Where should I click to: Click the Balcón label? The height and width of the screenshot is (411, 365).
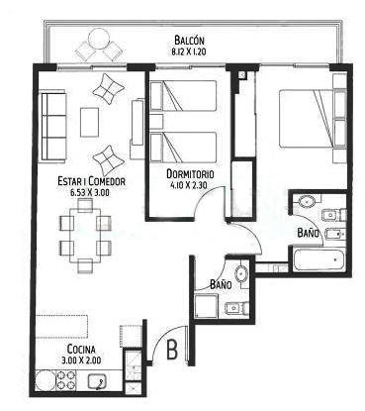[x=189, y=41]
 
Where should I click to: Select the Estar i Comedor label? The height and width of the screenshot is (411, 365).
[x=91, y=181]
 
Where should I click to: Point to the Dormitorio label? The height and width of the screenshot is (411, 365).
[x=190, y=174]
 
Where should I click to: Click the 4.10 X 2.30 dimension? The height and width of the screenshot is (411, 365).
[x=189, y=185]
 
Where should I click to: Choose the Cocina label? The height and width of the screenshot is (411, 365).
[x=81, y=349]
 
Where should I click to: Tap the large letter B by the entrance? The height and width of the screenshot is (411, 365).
[x=172, y=350]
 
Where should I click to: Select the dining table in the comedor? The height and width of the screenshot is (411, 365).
[x=85, y=235]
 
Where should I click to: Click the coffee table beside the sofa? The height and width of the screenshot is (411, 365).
[x=89, y=122]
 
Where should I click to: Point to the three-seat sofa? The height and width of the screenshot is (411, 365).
[x=52, y=128]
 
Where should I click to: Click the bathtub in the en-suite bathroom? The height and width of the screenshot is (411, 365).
[x=319, y=259]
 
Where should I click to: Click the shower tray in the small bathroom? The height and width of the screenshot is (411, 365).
[x=206, y=306]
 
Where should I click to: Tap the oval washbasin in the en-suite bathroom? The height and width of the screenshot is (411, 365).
[x=307, y=201]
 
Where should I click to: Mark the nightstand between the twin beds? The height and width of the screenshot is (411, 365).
[x=156, y=122]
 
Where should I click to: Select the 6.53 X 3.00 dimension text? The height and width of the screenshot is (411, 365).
[x=90, y=192]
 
